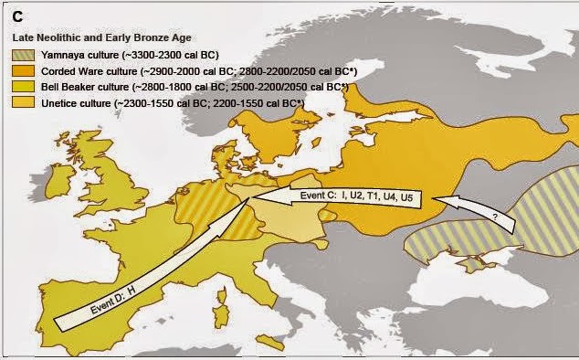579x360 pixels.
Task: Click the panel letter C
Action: click(x=16, y=16)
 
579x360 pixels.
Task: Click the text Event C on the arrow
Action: click(x=319, y=196)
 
